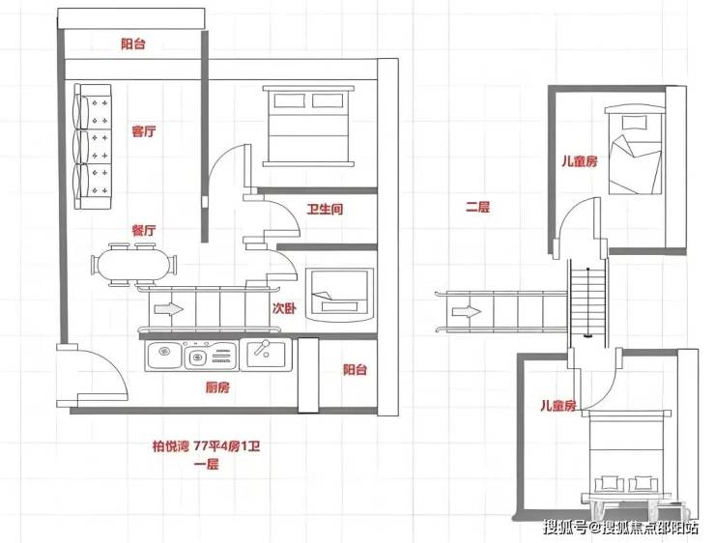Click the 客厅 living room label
point(144,131)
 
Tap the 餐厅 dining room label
point(144,230)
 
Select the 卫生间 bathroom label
point(325,210)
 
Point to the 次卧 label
point(284,308)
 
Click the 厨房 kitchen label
point(217,387)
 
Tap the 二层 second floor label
point(477,207)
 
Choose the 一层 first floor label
point(207,465)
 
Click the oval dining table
point(134,266)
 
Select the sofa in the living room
point(93,146)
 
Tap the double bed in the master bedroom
point(309,126)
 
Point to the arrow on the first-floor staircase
point(169,309)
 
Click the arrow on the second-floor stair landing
point(467,312)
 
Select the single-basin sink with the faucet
point(266,355)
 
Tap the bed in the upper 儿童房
point(635,150)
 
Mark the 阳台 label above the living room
point(133,43)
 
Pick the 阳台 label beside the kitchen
point(355,369)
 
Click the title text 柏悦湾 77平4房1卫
point(206,445)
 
